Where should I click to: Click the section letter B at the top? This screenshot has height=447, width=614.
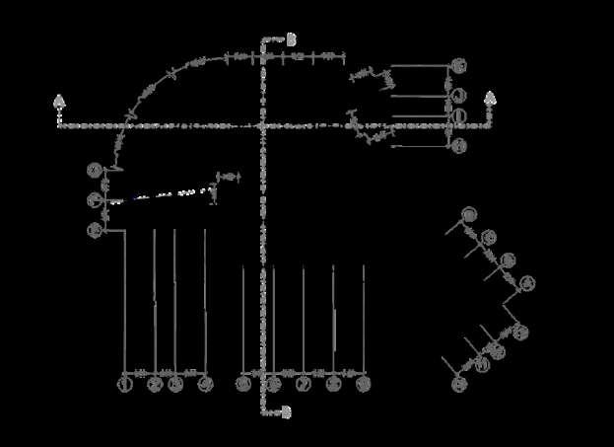[x=289, y=38]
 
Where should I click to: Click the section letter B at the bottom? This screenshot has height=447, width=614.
[x=287, y=411]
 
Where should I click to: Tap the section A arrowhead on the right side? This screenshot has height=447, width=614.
[x=490, y=99]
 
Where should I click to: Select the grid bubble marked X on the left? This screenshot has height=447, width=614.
[x=95, y=171]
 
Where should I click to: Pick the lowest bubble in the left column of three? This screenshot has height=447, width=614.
[x=95, y=230]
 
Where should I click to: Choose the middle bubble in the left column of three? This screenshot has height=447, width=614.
[x=95, y=200]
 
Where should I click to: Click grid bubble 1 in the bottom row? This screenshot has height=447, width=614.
[x=125, y=383]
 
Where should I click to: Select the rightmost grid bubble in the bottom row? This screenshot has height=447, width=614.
[x=363, y=383]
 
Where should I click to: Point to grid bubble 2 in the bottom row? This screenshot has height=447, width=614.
[x=155, y=383]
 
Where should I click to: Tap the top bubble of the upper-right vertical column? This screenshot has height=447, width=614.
[x=459, y=65]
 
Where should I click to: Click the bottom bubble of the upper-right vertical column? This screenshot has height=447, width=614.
[x=459, y=146]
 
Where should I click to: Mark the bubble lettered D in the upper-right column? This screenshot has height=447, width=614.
[x=459, y=117]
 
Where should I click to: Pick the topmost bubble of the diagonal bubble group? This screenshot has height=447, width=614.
[x=469, y=214]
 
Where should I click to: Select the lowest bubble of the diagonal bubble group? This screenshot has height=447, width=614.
[x=459, y=383]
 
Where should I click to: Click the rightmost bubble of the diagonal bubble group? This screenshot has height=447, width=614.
[x=527, y=283]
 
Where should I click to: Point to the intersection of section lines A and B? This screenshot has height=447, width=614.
[x=264, y=125]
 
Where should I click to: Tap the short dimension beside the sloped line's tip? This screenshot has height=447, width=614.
[x=228, y=177]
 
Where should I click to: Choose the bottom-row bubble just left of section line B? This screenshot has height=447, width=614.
[x=243, y=383]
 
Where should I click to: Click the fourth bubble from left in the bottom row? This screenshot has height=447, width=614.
[x=205, y=383]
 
